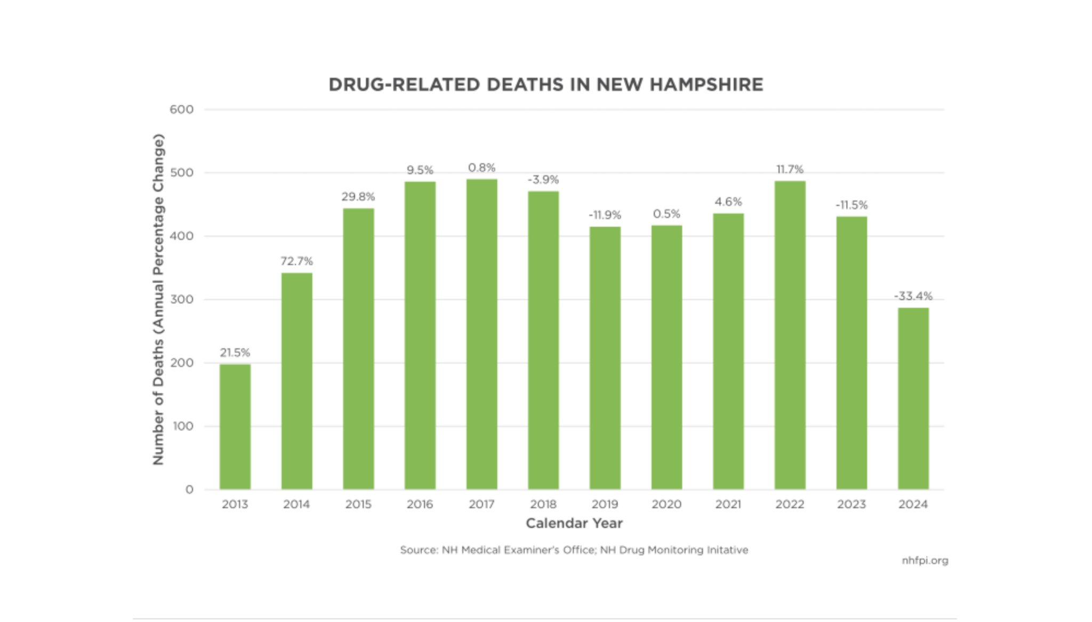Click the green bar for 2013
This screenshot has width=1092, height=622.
(235, 427)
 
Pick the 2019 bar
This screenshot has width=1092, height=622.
(605, 358)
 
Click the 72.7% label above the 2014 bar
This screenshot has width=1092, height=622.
(296, 261)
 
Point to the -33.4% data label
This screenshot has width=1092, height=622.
(913, 296)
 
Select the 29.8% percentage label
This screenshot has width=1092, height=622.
(358, 197)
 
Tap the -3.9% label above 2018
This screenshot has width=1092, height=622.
(543, 180)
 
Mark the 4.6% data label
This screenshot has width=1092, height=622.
(728, 202)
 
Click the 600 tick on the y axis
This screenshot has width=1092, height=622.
(181, 110)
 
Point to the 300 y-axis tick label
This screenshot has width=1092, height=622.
(181, 300)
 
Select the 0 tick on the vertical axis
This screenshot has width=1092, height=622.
(189, 490)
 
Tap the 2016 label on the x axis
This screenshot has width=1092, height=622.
(420, 504)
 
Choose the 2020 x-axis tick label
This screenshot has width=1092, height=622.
(666, 504)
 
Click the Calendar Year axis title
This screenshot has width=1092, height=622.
(574, 523)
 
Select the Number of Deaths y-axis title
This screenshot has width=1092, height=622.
(158, 299)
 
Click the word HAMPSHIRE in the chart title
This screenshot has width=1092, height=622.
(706, 85)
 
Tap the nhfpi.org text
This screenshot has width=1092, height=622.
(925, 561)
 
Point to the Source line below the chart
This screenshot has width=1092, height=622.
(574, 550)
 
